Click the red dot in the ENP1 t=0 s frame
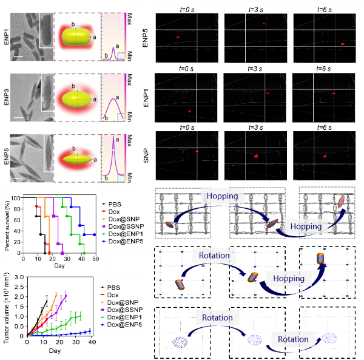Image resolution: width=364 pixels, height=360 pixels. coord(189,112)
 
